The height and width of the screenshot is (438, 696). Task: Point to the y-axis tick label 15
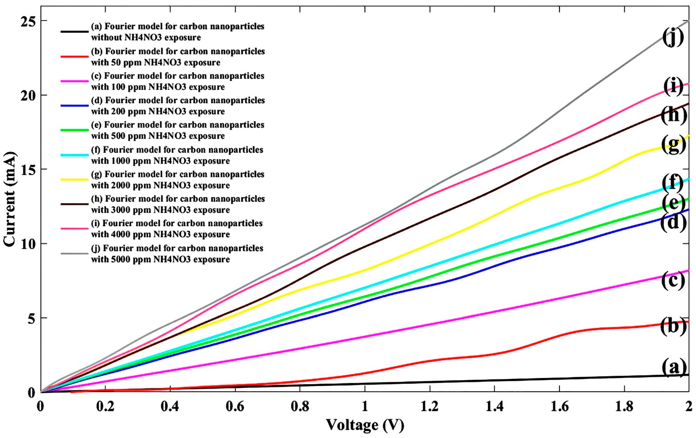tap(26, 169)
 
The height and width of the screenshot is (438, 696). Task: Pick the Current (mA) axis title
tap(10, 199)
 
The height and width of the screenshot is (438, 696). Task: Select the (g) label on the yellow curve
tap(673, 144)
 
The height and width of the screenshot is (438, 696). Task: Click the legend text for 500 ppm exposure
tap(177, 130)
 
